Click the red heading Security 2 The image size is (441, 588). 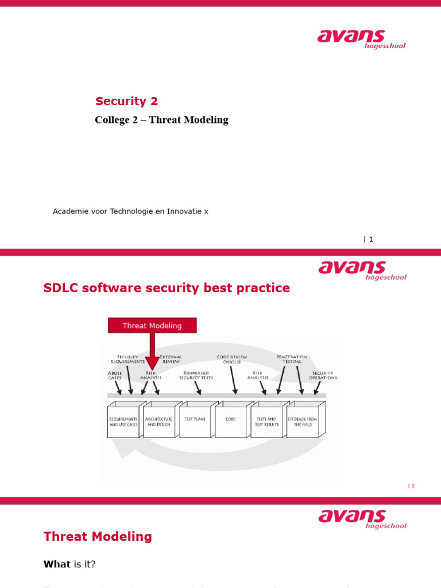click(x=126, y=102)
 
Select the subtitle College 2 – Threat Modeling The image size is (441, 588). click(x=161, y=120)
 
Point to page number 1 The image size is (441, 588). click(x=370, y=239)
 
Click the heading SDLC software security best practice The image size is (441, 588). click(x=167, y=288)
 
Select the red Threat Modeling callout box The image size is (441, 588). click(x=152, y=326)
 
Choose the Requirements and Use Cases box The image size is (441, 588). click(x=123, y=422)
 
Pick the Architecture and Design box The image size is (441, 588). click(x=159, y=422)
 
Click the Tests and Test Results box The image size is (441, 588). click(x=266, y=422)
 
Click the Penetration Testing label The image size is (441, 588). click(x=292, y=359)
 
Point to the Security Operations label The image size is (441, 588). click(x=323, y=376)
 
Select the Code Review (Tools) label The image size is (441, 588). click(x=232, y=359)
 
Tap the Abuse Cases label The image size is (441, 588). click(x=115, y=376)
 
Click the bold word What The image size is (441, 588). click(x=57, y=564)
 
